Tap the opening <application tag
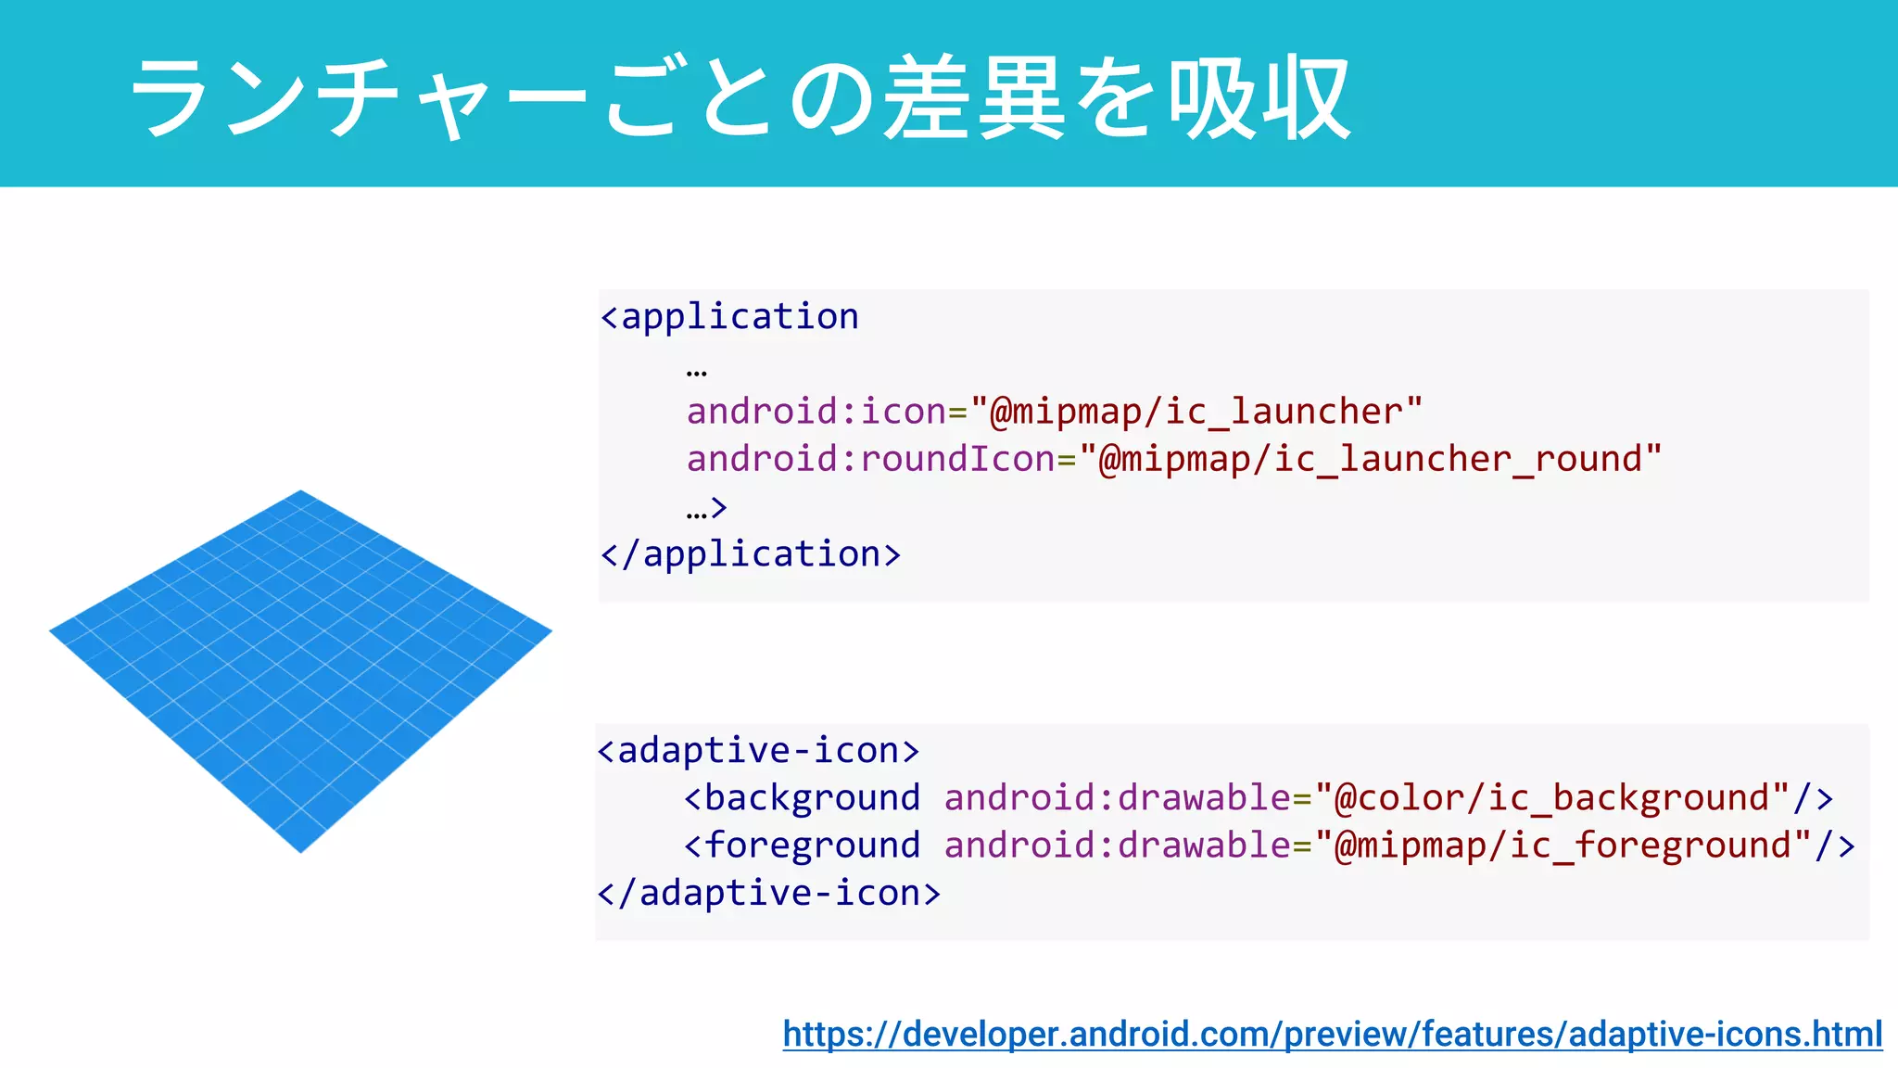click(730, 317)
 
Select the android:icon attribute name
click(816, 412)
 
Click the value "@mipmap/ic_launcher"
click(1196, 412)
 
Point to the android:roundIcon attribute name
click(870, 459)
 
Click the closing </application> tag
click(751, 554)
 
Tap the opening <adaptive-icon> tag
click(758, 750)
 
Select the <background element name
click(803, 797)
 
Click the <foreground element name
click(803, 845)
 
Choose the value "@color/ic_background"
click(1552, 797)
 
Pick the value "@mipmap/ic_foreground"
click(1563, 845)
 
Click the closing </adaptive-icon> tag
click(769, 893)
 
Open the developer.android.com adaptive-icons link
click(1332, 1034)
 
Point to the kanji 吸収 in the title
click(1260, 97)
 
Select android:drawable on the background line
click(1117, 797)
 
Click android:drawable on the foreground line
click(1117, 845)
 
